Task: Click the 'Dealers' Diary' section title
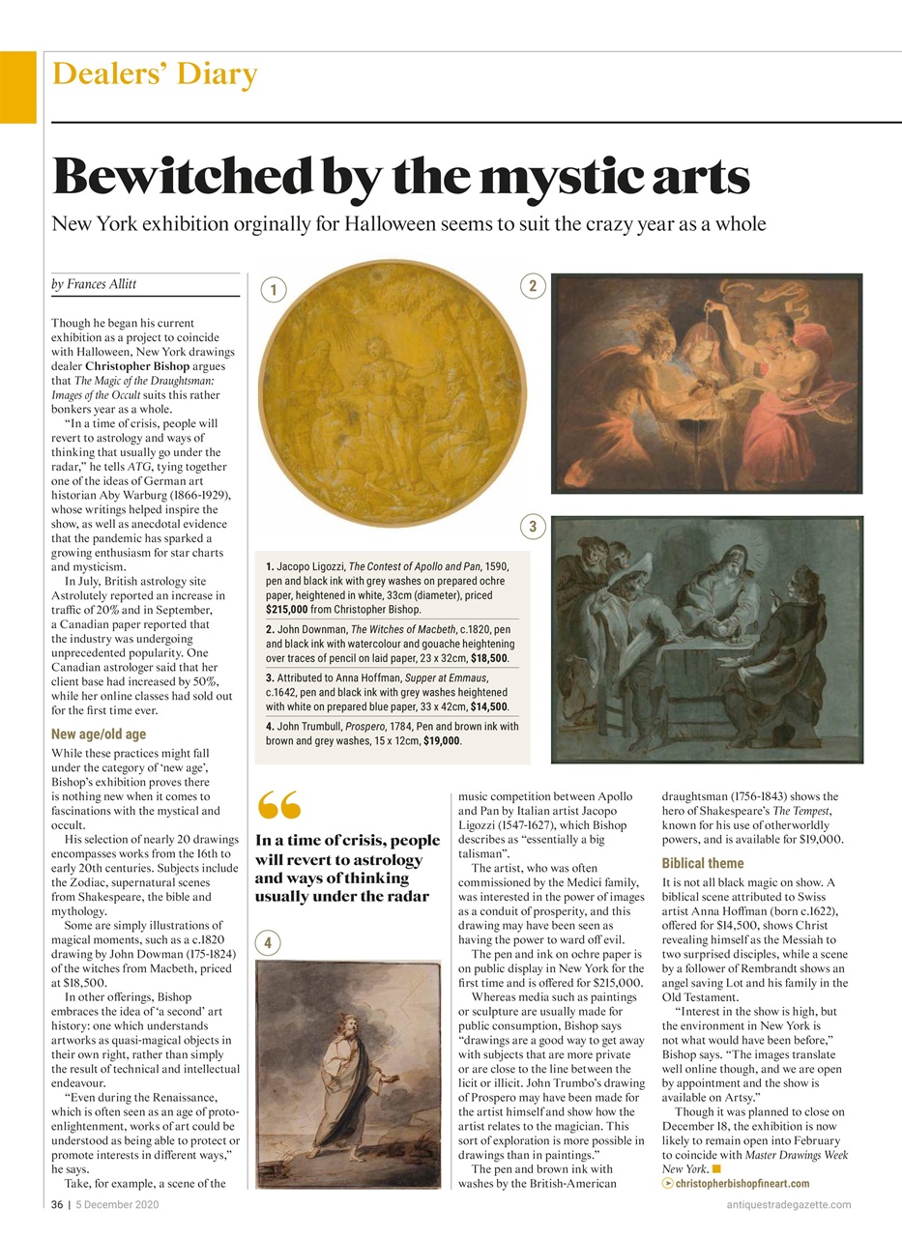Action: pos(155,74)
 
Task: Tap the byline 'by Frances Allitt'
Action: pos(94,284)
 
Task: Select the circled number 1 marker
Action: pos(274,289)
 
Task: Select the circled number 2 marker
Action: pos(533,285)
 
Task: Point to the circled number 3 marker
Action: pos(533,526)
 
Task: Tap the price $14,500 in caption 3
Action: pos(489,706)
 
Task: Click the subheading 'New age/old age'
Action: pos(99,734)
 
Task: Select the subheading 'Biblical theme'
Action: pos(703,863)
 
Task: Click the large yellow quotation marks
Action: pos(280,804)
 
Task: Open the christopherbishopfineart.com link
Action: pos(742,1184)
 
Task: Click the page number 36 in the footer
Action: pos(57,1204)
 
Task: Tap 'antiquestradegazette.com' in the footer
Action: pos(788,1204)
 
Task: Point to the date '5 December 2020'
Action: pos(117,1204)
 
